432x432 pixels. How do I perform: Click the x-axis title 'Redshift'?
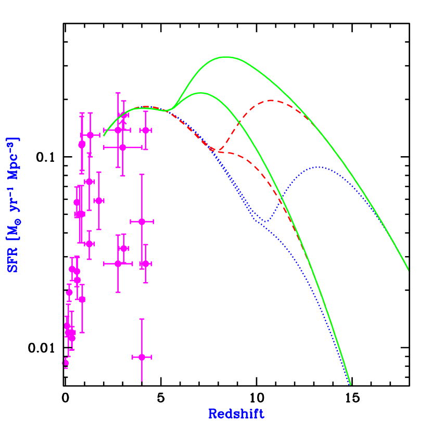[236, 414]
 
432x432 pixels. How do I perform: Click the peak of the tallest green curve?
[226, 57]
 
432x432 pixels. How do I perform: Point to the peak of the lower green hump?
[201, 93]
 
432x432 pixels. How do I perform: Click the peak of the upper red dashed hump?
[272, 100]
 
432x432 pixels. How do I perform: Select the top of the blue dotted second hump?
[318, 167]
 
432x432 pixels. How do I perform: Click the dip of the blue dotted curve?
[265, 222]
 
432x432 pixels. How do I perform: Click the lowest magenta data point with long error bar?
[142, 357]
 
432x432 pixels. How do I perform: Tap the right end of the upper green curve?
[408, 270]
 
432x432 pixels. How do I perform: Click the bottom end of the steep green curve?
[350, 384]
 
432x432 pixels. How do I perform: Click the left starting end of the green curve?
[104, 135]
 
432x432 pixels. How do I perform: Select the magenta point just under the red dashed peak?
[146, 130]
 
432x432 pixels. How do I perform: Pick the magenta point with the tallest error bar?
[142, 222]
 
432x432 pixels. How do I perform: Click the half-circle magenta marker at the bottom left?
[66, 362]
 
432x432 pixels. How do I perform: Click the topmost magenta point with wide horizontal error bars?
[118, 130]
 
